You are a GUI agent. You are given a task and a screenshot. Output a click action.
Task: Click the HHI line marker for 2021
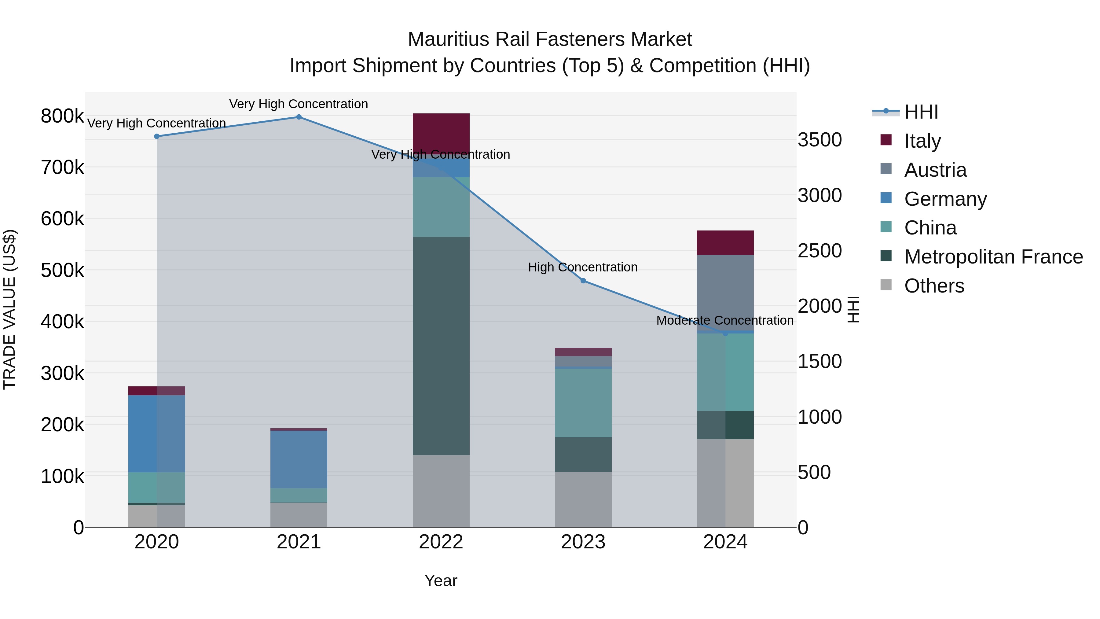tap(299, 117)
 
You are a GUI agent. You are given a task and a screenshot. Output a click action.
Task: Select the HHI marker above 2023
tap(583, 281)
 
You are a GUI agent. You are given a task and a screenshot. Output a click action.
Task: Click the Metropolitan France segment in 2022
tap(441, 346)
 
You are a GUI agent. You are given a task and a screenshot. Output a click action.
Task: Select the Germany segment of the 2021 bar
tap(299, 459)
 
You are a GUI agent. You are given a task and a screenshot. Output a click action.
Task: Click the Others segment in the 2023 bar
tap(583, 500)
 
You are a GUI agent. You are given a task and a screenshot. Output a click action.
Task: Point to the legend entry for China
tap(930, 228)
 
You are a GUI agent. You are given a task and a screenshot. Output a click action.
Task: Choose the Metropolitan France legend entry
tap(993, 257)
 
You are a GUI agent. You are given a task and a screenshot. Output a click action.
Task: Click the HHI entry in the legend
tap(921, 112)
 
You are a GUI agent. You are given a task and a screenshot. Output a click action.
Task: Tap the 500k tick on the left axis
tap(62, 270)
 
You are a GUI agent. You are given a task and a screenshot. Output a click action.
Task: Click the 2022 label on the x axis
tap(441, 542)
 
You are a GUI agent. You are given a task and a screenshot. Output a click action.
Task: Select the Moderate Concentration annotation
tap(725, 320)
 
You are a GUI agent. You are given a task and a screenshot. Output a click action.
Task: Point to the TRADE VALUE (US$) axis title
tap(9, 309)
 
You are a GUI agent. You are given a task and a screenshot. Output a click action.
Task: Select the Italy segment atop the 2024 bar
tap(725, 243)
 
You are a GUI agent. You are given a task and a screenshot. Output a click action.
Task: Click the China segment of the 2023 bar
tap(583, 402)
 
